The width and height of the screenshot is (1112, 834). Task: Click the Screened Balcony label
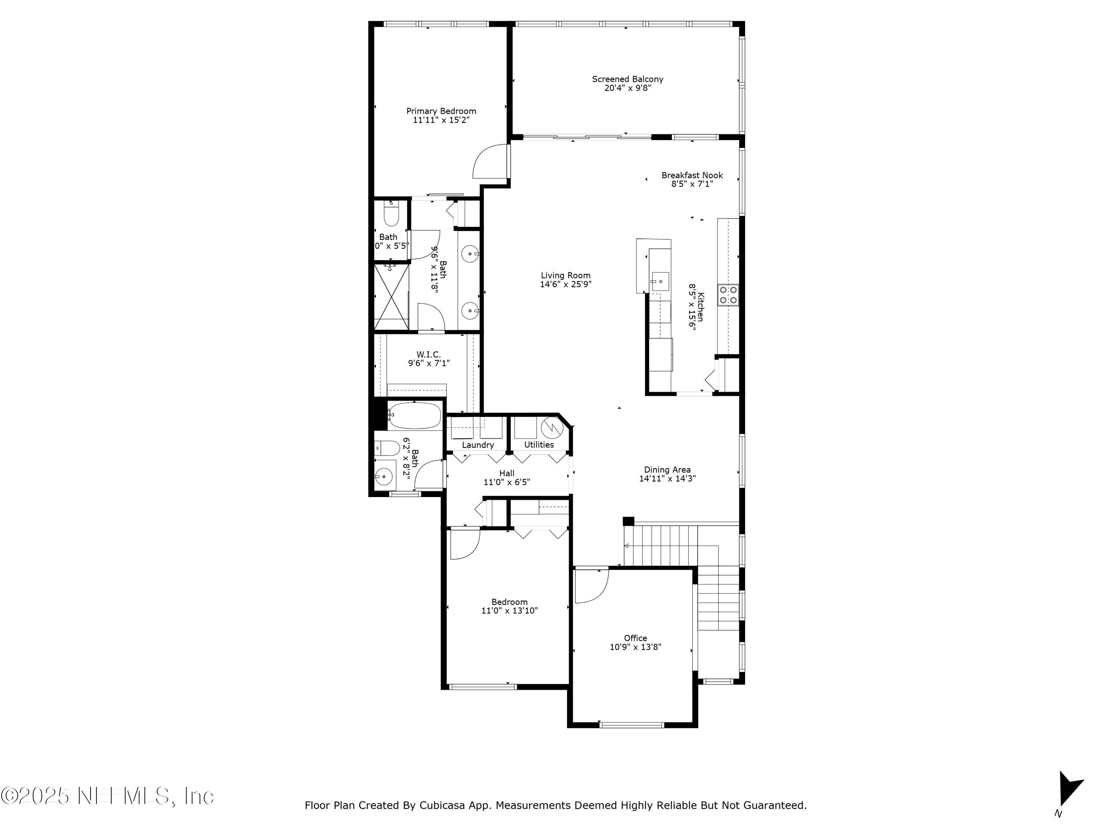coord(628,79)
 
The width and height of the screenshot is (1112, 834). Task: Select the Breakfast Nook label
coord(692,175)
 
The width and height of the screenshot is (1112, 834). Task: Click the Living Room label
coord(566,275)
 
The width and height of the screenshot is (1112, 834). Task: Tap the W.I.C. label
coord(428,354)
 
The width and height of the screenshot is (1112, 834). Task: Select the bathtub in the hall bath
coord(414,415)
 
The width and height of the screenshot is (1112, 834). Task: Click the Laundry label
coord(477,445)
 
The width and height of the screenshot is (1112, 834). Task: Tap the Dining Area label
coord(667,470)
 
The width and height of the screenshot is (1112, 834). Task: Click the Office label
coord(635,638)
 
